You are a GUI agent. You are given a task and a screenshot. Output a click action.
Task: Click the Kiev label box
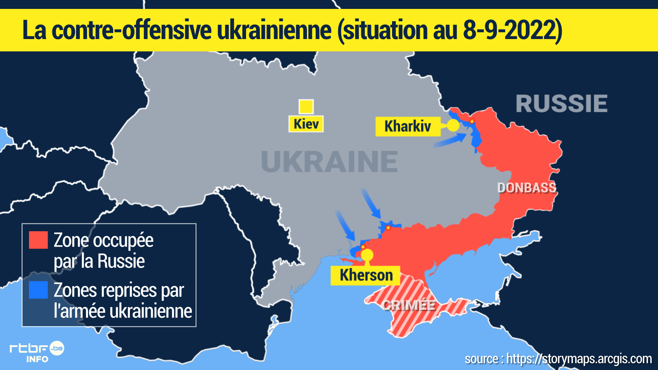point(306,124)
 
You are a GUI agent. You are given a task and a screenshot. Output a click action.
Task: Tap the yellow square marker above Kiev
point(306,107)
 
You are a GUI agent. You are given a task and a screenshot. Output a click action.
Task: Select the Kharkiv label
point(408,126)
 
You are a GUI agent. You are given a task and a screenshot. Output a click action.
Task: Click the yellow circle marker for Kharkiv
point(453,125)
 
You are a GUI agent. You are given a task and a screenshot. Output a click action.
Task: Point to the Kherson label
point(365,275)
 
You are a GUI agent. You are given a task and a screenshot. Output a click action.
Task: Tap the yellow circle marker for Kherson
point(367,255)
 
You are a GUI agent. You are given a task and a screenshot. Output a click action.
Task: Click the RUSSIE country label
point(561,103)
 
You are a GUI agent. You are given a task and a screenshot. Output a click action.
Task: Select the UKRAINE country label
point(329,162)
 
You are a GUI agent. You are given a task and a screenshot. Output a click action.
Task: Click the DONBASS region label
point(526,188)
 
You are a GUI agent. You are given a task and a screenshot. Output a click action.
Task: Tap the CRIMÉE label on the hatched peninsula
point(409,305)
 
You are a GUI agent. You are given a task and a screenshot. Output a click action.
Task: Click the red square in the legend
point(38,240)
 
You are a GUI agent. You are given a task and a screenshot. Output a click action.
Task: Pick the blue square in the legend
point(38,290)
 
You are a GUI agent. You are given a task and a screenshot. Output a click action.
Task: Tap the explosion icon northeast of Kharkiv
point(472,121)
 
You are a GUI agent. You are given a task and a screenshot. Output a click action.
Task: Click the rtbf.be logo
point(37,351)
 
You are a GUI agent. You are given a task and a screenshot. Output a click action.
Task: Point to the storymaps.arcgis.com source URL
point(579,359)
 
